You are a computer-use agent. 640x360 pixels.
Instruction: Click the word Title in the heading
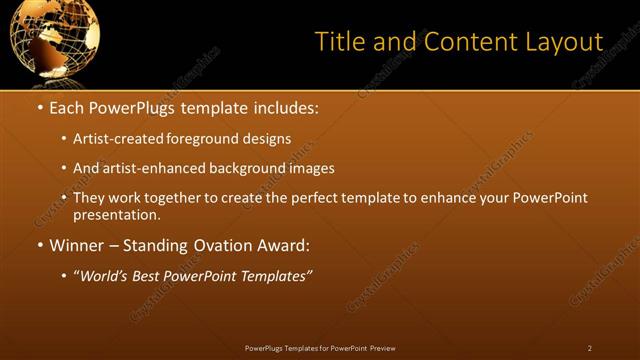pos(338,42)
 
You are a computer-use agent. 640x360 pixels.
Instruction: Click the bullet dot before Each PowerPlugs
pos(39,106)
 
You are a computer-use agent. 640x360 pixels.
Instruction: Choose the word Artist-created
pos(117,138)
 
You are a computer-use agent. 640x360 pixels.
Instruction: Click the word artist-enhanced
pos(152,168)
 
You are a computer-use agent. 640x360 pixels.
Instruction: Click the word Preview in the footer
pos(382,347)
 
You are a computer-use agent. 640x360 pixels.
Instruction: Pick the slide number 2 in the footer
pos(590,347)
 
